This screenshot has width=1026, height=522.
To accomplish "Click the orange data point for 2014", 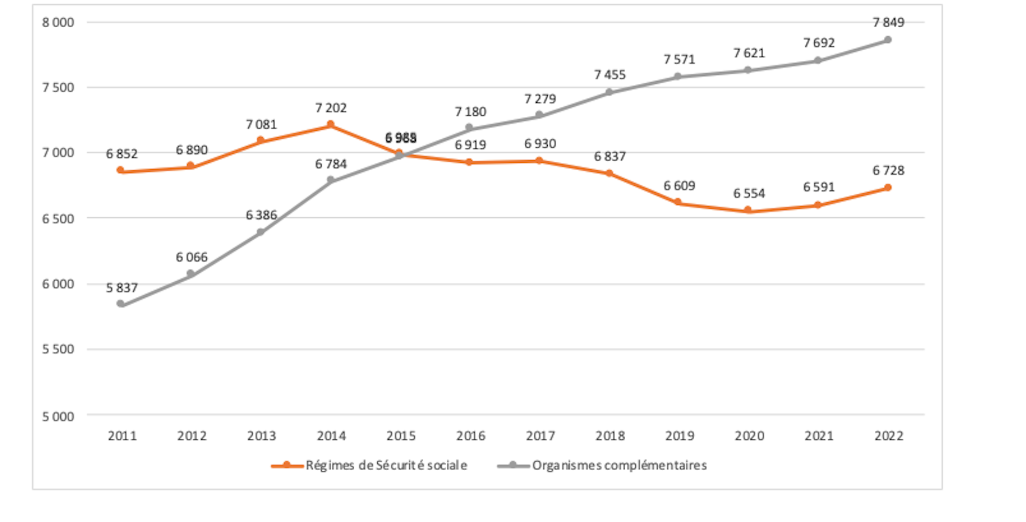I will (x=330, y=125).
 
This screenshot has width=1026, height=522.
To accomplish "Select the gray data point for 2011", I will (x=121, y=304).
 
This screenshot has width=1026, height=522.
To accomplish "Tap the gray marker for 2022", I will (x=888, y=40).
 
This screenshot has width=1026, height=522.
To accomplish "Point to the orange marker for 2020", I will (x=748, y=210).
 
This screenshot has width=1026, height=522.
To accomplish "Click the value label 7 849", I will (x=888, y=22).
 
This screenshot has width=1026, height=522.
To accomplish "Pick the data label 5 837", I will (x=122, y=288).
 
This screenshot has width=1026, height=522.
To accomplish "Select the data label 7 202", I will (x=331, y=108).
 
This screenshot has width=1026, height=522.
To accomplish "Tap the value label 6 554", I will (x=749, y=193).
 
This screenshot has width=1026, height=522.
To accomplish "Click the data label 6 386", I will (x=261, y=215).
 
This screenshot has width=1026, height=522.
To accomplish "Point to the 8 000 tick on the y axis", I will (x=58, y=22).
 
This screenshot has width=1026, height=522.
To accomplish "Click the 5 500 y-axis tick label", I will (x=58, y=349).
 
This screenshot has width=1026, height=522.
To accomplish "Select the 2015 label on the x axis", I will (x=401, y=436).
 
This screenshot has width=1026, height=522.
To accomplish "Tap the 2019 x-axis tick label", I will (x=679, y=436).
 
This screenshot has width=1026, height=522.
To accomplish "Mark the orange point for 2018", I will (x=609, y=173).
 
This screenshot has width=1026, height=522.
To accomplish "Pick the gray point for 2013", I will (x=261, y=232).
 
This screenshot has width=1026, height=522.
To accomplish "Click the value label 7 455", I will (x=610, y=75).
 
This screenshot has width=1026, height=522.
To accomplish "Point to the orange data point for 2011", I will (x=121, y=170).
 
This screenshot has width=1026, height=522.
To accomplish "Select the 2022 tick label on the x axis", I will (x=888, y=436).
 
